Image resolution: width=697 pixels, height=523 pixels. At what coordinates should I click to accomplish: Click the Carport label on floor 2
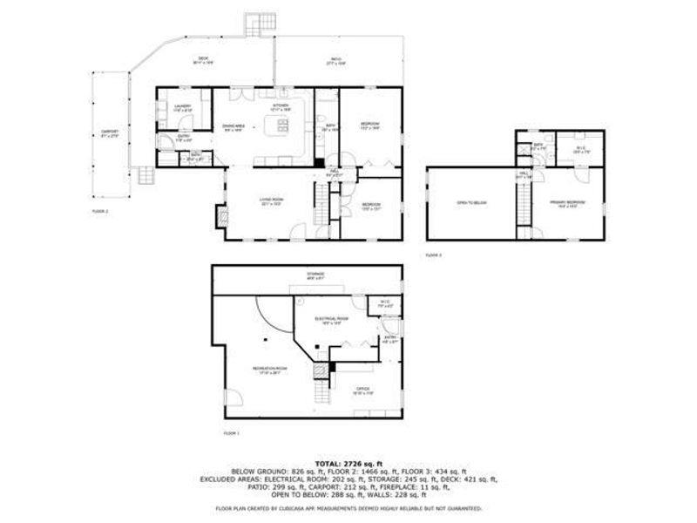(109, 133)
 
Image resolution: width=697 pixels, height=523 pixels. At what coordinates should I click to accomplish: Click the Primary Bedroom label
(566, 203)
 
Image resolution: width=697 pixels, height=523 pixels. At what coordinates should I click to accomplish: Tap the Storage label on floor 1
(315, 276)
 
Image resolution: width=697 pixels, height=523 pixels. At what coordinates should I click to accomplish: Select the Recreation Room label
(266, 370)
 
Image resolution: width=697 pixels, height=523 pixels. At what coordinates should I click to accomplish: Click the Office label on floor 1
(362, 391)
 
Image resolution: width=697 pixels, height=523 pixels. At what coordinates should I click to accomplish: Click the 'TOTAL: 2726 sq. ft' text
(348, 463)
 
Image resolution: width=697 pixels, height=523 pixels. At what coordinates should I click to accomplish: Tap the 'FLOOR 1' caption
(231, 433)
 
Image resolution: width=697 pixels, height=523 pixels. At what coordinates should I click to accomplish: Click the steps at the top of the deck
(259, 23)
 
